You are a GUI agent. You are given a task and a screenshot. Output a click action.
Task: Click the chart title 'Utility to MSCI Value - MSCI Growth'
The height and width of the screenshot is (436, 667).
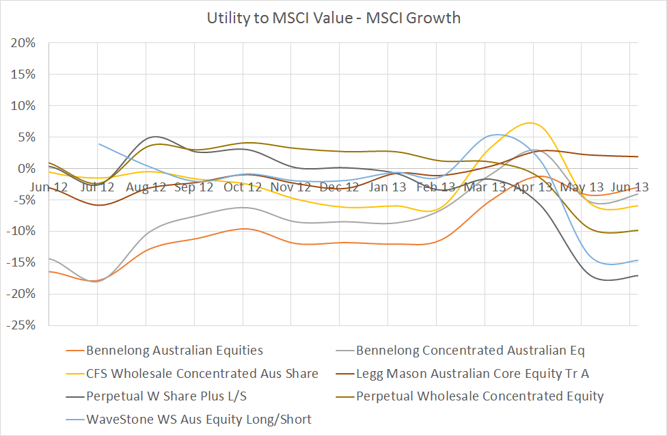pos(333,18)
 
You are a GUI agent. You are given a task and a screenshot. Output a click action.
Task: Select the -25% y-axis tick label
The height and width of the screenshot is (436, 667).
pos(22,325)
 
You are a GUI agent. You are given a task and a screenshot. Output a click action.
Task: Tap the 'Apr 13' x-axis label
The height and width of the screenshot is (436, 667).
pos(532,186)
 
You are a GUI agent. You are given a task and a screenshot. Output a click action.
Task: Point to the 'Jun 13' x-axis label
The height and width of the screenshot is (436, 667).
pos(629,186)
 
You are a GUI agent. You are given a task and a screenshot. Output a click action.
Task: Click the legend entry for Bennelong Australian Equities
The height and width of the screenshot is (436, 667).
pos(174,351)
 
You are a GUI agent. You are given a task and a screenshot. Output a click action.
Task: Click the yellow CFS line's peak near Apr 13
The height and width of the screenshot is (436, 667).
pos(530,123)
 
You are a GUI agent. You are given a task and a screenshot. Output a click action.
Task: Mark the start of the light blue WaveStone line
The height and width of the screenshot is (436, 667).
pos(99,144)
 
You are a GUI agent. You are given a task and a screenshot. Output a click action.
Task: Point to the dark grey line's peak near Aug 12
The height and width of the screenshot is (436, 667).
pos(156,137)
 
